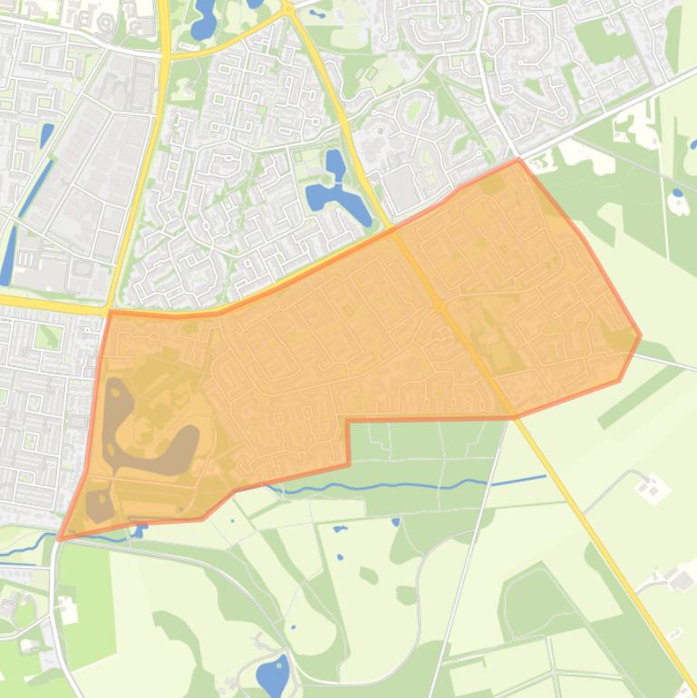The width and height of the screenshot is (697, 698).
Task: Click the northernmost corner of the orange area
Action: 518,160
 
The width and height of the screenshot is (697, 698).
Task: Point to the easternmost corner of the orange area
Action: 640,335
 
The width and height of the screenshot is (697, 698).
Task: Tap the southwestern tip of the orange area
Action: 60,538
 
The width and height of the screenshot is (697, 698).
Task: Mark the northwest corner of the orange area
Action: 111,313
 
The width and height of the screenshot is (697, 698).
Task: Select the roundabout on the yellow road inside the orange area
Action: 440,305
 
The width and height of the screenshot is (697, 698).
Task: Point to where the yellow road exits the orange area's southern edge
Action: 514,416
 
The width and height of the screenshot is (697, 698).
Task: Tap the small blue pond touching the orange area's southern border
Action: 140,528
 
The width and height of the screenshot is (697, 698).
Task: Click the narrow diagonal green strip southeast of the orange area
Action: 639,394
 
